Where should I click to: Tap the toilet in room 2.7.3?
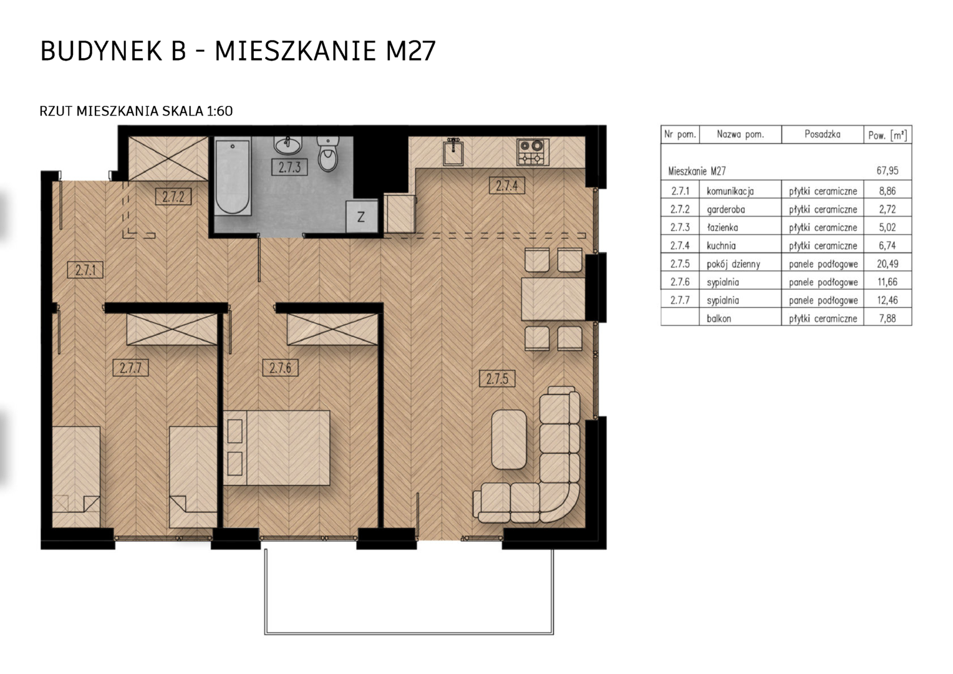tap(327, 154)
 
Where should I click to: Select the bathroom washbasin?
tap(288, 145)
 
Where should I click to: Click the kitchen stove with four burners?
tap(533, 152)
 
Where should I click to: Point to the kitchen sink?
tap(453, 152)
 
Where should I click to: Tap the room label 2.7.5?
tap(497, 378)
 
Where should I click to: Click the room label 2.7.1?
tap(85, 270)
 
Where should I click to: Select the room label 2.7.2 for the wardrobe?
tap(173, 197)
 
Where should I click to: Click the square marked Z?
tap(361, 217)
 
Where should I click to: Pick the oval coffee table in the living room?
tap(509, 439)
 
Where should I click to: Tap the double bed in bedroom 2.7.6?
tap(276, 447)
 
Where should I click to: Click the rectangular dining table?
tap(553, 299)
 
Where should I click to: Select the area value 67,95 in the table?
tap(887, 171)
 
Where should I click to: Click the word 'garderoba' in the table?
tap(726, 210)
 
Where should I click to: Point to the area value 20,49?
tap(888, 264)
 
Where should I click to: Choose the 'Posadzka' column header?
tap(822, 135)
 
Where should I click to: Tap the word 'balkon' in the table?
tap(718, 318)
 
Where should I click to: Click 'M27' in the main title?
tap(410, 51)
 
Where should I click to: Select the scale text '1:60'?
tap(220, 111)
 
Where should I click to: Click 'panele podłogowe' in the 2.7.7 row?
tap(823, 301)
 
